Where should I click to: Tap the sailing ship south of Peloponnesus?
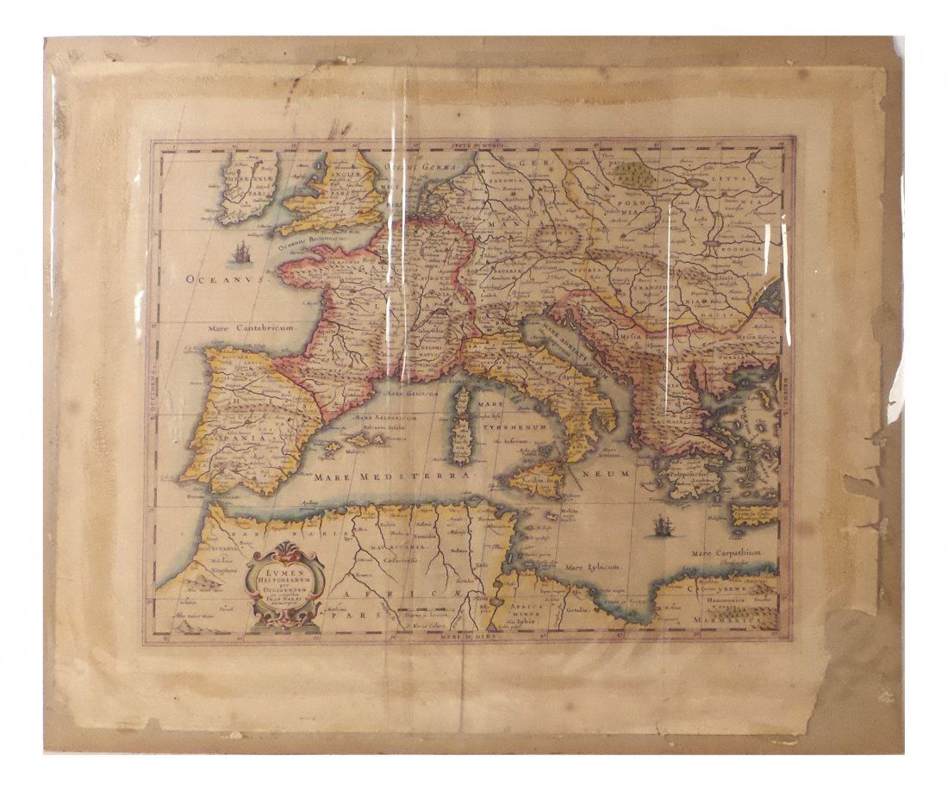(x=661, y=525)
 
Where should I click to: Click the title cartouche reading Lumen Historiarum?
(x=284, y=588)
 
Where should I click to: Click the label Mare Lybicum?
(x=592, y=567)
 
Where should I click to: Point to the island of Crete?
(x=753, y=514)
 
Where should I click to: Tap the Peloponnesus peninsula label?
(x=687, y=471)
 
